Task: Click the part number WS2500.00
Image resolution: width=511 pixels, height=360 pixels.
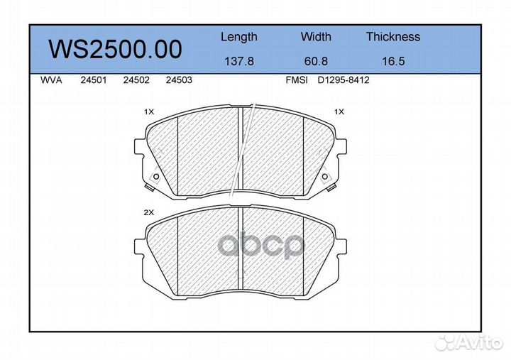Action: (115, 49)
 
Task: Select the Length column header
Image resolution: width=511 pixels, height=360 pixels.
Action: (239, 37)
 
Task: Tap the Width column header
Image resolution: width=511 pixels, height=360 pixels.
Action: (316, 36)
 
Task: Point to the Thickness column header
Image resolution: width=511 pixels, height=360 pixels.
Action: (393, 36)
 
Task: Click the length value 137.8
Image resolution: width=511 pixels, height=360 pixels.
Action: (239, 61)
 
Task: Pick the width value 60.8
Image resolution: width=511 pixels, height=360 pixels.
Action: (316, 61)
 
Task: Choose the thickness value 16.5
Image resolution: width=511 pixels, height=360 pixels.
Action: (393, 61)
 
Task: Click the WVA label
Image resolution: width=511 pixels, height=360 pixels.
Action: (51, 80)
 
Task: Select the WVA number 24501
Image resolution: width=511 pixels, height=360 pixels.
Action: (94, 80)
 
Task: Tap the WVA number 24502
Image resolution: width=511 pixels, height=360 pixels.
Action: (136, 80)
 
